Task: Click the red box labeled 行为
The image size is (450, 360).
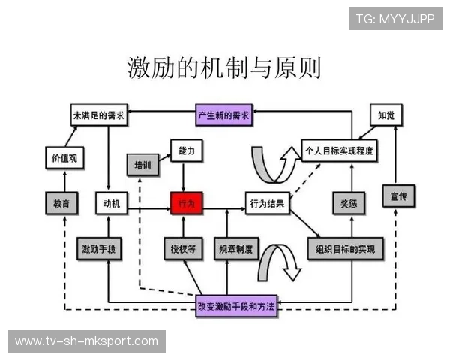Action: [x=187, y=203]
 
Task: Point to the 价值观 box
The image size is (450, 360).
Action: [x=64, y=159]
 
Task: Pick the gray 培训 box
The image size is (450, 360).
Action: [x=142, y=165]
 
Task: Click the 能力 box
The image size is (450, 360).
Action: [x=187, y=151]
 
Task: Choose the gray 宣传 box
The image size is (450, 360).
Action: [x=400, y=198]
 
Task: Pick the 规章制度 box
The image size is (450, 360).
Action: [x=235, y=249]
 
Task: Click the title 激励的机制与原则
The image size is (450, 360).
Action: [x=224, y=67]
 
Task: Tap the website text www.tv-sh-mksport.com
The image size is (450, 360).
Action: [x=87, y=341]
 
